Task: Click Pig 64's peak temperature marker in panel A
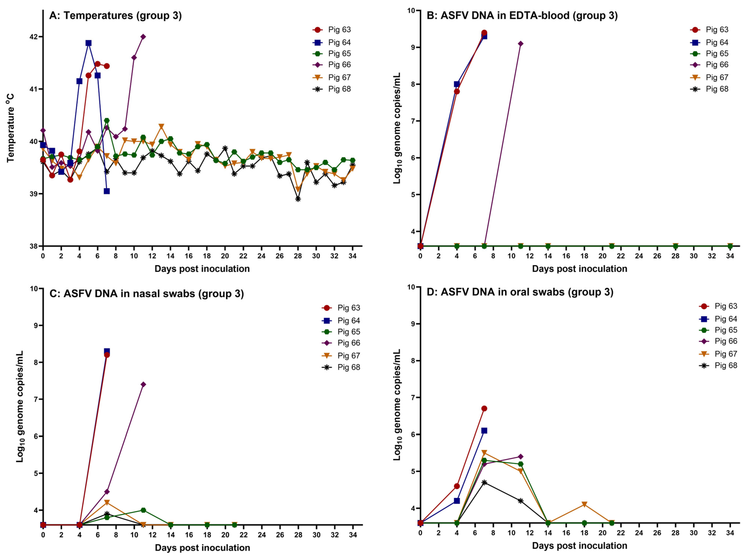tap(88, 43)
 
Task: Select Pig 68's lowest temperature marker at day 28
tap(298, 199)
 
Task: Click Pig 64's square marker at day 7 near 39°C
tap(106, 191)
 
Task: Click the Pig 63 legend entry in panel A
tap(332, 30)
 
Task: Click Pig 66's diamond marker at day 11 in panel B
tap(521, 43)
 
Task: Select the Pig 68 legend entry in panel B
tap(710, 89)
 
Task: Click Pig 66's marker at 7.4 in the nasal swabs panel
tap(143, 384)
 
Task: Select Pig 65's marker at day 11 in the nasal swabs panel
tap(143, 510)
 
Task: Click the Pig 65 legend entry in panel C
tap(341, 332)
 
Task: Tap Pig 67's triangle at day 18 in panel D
tap(584, 504)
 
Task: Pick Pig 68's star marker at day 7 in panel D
tap(484, 482)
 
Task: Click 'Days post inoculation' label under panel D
tap(579, 546)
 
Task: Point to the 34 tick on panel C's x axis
tap(353, 535)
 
